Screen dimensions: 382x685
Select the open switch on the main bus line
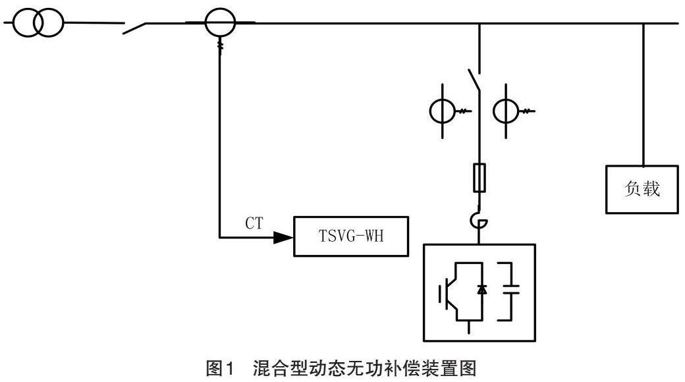(135, 28)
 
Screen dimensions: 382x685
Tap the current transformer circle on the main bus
(219, 24)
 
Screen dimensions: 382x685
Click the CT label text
(254, 224)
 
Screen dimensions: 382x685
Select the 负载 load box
(642, 190)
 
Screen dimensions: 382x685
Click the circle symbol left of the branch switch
(442, 111)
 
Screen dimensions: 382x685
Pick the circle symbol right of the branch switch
(508, 111)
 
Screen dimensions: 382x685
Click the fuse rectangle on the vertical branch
(479, 177)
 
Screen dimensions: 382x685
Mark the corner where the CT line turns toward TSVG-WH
(219, 236)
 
